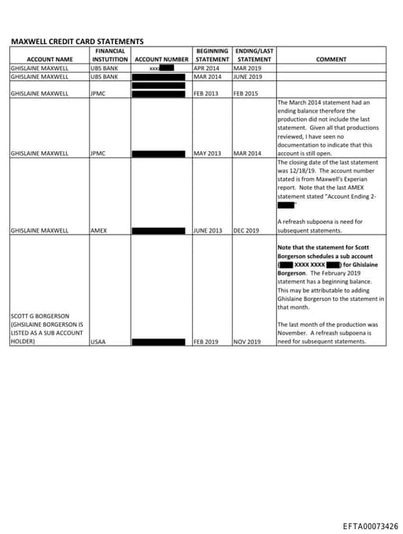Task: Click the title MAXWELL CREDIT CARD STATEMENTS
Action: point(77,41)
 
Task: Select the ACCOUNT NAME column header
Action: point(50,59)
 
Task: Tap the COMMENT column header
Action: point(331,59)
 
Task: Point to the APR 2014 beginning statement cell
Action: point(206,69)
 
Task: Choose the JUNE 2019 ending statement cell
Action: point(248,77)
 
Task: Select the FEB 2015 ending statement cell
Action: point(246,94)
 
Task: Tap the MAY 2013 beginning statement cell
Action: point(207,154)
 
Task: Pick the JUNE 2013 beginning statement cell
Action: point(209,231)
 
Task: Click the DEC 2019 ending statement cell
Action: point(246,231)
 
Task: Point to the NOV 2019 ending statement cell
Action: point(247,343)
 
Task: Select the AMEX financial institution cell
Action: point(98,231)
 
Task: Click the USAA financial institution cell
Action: point(98,343)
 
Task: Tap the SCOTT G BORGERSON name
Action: point(39,317)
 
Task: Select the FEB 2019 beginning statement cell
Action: point(206,343)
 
